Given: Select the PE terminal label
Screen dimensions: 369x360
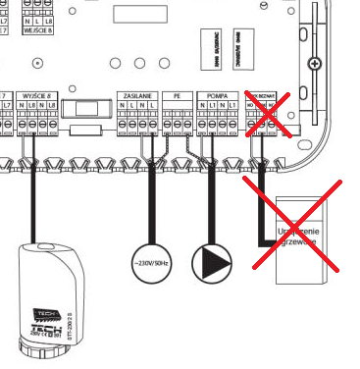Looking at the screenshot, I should click(178, 95).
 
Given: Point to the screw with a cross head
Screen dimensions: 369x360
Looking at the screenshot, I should click(314, 64).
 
